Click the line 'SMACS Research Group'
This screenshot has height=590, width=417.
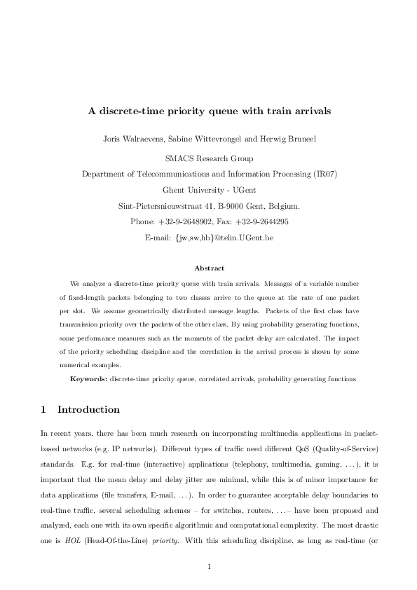click(x=209, y=158)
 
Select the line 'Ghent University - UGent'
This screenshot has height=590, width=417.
click(x=209, y=190)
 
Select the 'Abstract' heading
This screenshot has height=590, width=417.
click(x=209, y=268)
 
